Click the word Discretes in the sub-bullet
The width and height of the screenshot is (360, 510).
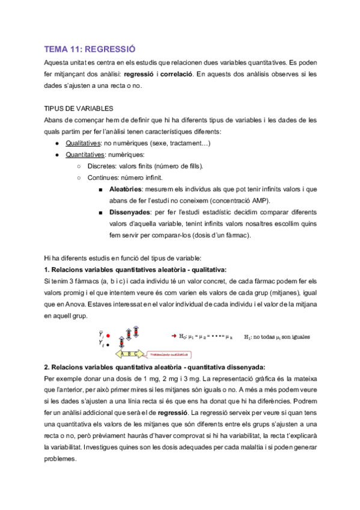coord(102,167)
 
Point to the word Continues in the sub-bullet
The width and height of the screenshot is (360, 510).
coord(103,178)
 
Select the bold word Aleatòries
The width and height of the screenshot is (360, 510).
coord(129,189)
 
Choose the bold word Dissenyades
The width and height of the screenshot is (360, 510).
coord(133,212)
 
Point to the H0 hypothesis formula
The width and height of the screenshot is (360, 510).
coord(206,337)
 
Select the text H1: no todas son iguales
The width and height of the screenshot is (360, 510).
coord(276,337)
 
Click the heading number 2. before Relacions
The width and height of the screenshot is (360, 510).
coord(47,367)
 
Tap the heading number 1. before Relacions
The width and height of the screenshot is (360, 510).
coord(47,269)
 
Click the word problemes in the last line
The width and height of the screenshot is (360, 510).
coord(61,458)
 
